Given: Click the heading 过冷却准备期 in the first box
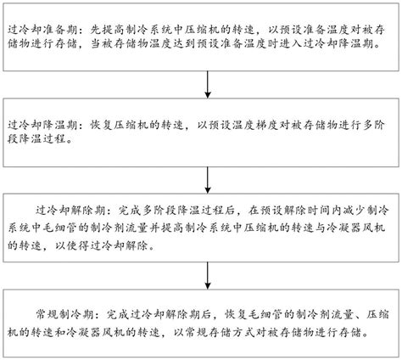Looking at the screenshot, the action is (42, 30).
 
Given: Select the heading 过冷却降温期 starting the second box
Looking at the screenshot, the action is (42, 125).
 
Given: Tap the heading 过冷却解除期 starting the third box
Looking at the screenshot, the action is (70, 210).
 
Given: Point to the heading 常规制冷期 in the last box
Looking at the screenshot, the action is (64, 314).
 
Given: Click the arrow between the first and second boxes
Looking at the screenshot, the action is (208, 84).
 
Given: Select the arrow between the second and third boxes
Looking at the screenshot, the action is (208, 180).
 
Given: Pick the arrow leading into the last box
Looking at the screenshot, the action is (208, 275).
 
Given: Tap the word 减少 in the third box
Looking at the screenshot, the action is (355, 210).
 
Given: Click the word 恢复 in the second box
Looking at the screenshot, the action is (101, 125).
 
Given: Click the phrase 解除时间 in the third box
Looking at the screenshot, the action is (307, 210).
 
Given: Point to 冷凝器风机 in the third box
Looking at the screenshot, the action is (355, 228).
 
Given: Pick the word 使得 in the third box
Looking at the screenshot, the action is (78, 245).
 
